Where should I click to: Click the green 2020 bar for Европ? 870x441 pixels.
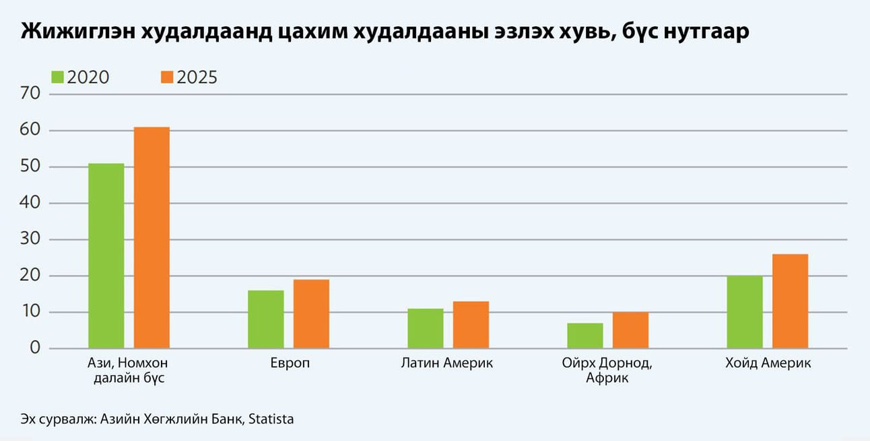pyautogui.click(x=265, y=319)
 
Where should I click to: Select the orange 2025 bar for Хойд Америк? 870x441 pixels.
pyautogui.click(x=790, y=301)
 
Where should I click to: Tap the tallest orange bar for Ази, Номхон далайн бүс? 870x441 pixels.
pyautogui.click(x=152, y=237)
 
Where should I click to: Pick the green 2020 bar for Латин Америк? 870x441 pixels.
pyautogui.click(x=426, y=329)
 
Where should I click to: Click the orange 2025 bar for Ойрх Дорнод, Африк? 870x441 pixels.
pyautogui.click(x=630, y=330)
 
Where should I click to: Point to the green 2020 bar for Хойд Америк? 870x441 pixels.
pyautogui.click(x=745, y=312)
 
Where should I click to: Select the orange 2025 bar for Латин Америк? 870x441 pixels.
pyautogui.click(x=471, y=325)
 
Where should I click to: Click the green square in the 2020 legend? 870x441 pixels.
pyautogui.click(x=57, y=77)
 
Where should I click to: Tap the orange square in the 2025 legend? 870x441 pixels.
pyautogui.click(x=167, y=77)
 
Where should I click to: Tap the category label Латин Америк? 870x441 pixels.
pyautogui.click(x=447, y=364)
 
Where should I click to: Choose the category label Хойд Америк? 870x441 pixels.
pyautogui.click(x=768, y=364)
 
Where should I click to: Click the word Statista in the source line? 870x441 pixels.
pyautogui.click(x=271, y=419)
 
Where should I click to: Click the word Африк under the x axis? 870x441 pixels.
pyautogui.click(x=607, y=378)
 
